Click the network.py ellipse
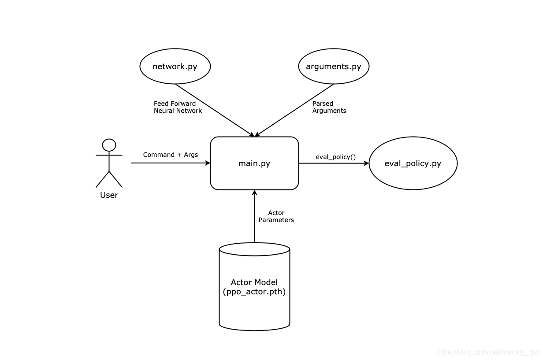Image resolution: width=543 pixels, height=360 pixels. pyautogui.click(x=175, y=66)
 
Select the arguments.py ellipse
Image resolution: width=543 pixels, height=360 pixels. pyautogui.click(x=334, y=66)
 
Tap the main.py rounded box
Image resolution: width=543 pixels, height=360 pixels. pyautogui.click(x=254, y=163)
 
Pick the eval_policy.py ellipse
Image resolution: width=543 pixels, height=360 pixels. pyautogui.click(x=413, y=163)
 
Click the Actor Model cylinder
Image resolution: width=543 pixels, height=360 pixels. pyautogui.click(x=254, y=286)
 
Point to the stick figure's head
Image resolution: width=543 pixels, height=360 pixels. pyautogui.click(x=109, y=145)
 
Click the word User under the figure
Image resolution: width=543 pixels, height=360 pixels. pyautogui.click(x=109, y=195)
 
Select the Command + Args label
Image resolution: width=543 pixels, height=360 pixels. pyautogui.click(x=171, y=155)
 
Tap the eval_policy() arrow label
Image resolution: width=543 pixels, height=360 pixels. pyautogui.click(x=336, y=157)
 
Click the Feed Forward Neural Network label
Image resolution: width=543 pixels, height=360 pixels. pyautogui.click(x=178, y=107)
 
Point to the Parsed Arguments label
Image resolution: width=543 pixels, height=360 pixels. pyautogui.click(x=329, y=107)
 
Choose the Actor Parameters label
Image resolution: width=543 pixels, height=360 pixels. pyautogui.click(x=276, y=216)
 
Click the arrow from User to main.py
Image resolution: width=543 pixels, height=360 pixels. pyautogui.click(x=171, y=163)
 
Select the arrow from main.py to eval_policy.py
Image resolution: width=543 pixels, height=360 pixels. pyautogui.click(x=334, y=163)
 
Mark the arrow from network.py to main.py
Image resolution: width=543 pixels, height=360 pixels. pyautogui.click(x=215, y=110)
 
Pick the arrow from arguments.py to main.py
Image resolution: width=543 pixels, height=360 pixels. pyautogui.click(x=294, y=110)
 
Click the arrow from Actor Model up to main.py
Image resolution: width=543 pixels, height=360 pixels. pyautogui.click(x=254, y=216)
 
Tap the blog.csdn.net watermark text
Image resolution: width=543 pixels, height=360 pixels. pyautogui.click(x=488, y=352)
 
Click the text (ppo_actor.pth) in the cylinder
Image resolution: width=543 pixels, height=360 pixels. pyautogui.click(x=254, y=292)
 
